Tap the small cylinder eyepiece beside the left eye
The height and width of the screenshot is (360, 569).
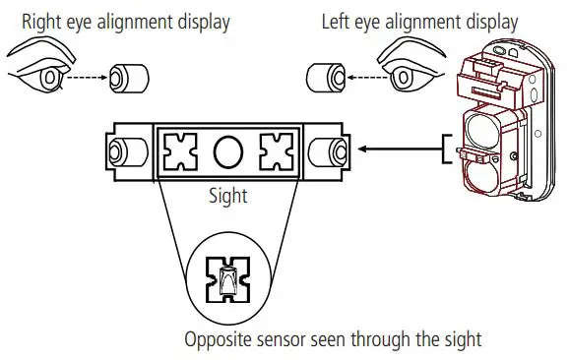tap(325, 76)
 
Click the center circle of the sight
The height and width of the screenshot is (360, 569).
tap(227, 151)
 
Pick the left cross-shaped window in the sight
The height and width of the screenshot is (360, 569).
tap(184, 151)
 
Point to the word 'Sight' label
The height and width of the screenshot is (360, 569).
tap(227, 196)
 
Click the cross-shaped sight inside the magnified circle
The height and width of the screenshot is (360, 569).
tap(227, 284)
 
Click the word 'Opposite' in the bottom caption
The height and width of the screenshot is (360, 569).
tap(219, 340)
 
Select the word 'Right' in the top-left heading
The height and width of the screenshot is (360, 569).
tap(43, 21)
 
